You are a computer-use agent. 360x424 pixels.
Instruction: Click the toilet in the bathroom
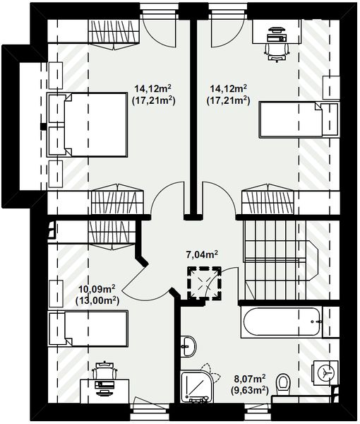[x=283, y=384]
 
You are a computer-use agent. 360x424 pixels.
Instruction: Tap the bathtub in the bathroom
[x=282, y=322]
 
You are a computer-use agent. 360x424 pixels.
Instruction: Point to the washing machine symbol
[x=325, y=372]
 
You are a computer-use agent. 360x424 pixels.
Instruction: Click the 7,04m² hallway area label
[x=202, y=254]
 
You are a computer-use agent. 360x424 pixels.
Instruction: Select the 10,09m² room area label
[x=97, y=295]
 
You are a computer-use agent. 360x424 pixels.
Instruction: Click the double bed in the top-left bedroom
[x=87, y=124]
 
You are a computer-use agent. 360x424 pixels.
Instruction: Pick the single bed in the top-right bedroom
[x=299, y=119]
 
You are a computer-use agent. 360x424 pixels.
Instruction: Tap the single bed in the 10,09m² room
[x=88, y=329]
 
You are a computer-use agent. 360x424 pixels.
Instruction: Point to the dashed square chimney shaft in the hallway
[x=205, y=283]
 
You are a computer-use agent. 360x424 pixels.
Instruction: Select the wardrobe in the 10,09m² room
[x=112, y=234]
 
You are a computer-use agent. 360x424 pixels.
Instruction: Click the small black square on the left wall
[x=43, y=126]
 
